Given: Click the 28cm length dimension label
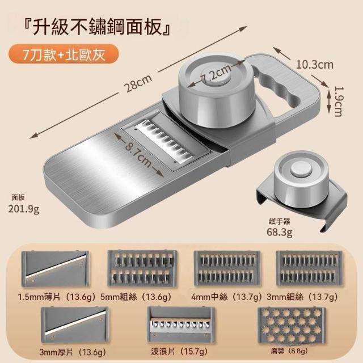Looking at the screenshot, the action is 138,83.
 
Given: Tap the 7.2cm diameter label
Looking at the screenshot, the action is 216,73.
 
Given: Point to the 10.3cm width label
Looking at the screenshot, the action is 315,65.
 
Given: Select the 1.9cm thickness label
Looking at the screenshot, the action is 339,102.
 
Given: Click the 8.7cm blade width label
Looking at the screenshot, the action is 138,153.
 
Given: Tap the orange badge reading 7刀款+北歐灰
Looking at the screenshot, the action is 64,55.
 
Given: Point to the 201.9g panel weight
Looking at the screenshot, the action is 24,209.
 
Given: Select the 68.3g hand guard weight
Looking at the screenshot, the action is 280,232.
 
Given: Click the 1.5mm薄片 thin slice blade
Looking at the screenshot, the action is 55,269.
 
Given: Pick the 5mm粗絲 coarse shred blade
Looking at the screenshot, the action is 142,268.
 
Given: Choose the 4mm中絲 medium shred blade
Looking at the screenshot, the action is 227,268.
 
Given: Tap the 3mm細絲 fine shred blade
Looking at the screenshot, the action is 309,268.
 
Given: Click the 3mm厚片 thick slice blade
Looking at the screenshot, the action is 74,325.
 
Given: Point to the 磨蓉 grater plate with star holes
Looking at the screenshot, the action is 292,325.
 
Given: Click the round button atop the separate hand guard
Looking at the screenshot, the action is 301,170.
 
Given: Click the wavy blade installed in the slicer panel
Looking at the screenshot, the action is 164,141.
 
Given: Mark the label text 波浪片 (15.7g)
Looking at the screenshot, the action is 179,352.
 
